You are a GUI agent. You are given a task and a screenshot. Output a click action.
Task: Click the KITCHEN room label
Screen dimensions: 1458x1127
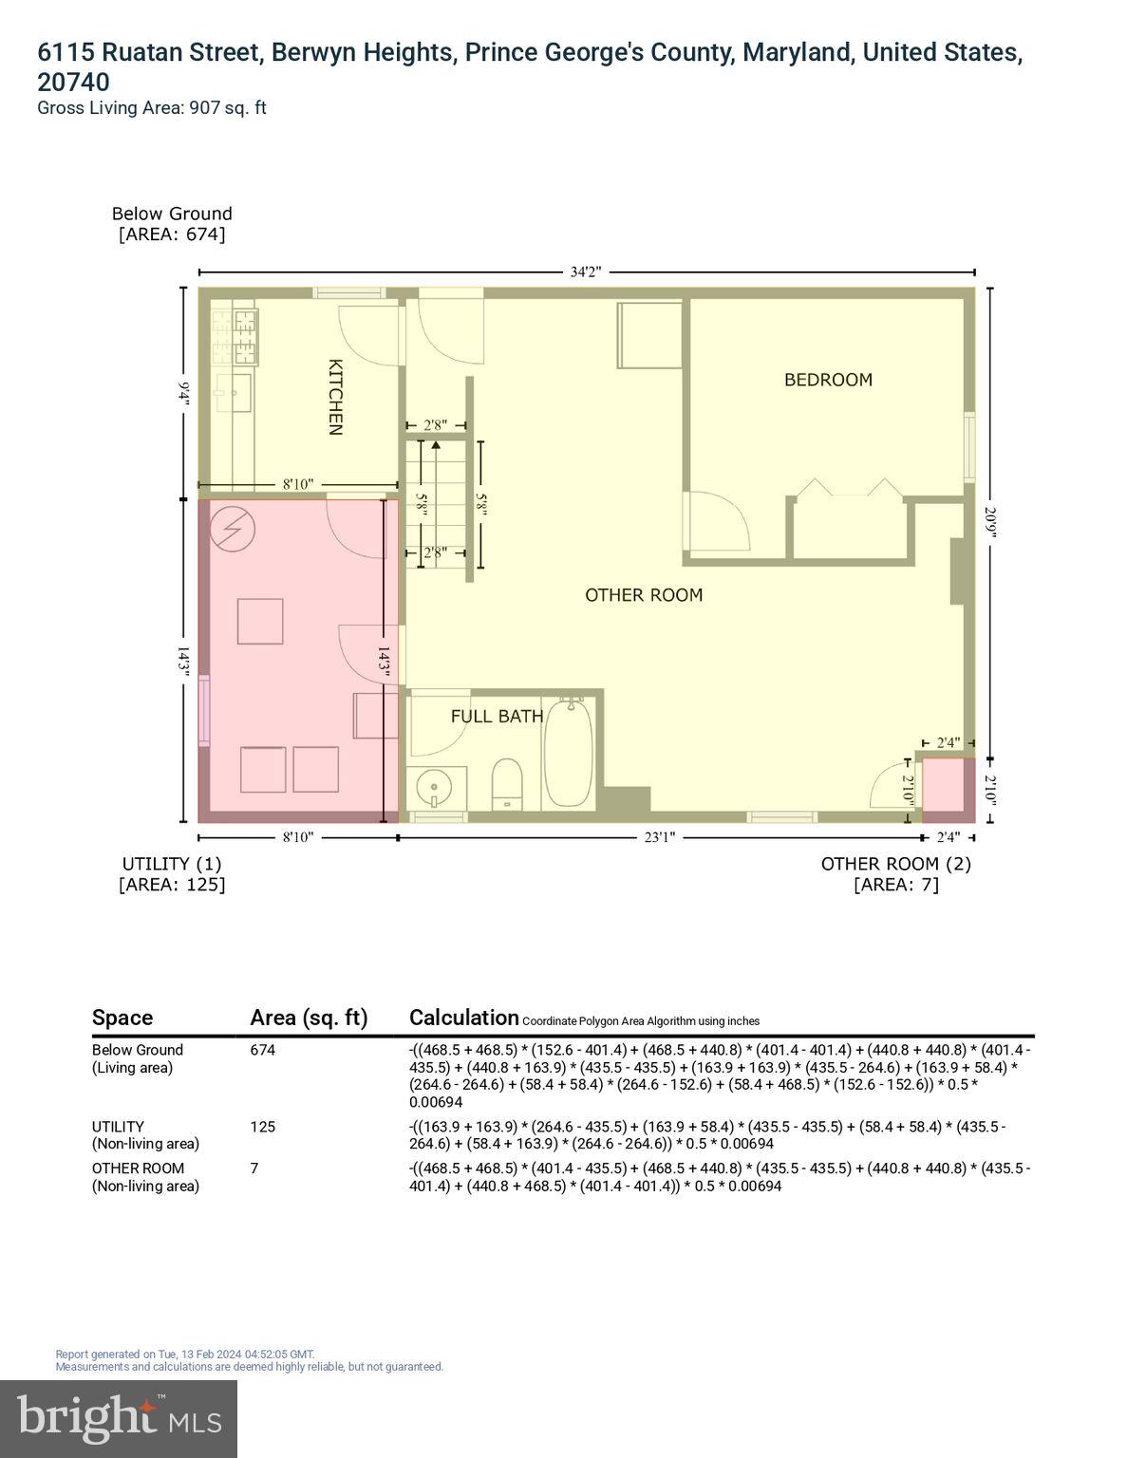tap(334, 396)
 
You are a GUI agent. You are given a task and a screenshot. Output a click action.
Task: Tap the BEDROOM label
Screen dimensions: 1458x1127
tap(828, 380)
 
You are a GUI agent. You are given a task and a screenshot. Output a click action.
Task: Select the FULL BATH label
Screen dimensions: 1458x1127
tap(497, 717)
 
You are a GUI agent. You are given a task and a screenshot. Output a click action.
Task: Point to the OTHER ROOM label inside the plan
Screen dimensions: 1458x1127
tap(644, 595)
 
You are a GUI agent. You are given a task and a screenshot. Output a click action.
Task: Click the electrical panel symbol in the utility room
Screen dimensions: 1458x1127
tap(233, 529)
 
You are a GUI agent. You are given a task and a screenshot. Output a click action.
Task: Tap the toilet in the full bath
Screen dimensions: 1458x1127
tap(508, 784)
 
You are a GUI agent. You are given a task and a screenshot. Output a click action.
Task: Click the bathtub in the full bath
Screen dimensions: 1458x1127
tap(569, 755)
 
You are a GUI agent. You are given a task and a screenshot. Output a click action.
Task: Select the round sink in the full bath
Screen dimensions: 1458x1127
tap(436, 787)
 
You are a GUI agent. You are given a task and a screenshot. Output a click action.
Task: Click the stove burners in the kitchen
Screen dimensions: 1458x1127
tap(235, 338)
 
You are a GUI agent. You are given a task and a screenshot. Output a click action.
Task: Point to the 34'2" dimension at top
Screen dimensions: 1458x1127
tap(585, 272)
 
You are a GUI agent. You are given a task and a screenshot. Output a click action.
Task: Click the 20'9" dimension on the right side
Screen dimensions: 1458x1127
tap(991, 524)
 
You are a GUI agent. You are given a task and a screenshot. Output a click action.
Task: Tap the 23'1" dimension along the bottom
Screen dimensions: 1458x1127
tap(660, 837)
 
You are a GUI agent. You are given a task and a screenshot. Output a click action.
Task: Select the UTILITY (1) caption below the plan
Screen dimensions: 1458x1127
tap(172, 864)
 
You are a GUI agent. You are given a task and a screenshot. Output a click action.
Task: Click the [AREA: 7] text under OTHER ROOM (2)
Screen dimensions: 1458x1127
tap(895, 885)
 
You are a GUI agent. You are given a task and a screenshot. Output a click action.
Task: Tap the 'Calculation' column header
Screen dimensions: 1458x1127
tap(464, 1018)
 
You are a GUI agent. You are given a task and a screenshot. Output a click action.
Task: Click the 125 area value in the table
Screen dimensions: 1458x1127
tap(263, 1127)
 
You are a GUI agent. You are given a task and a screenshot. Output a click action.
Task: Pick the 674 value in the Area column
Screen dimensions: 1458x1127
tap(263, 1050)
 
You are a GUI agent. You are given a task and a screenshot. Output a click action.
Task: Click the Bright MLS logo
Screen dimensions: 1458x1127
tap(119, 1418)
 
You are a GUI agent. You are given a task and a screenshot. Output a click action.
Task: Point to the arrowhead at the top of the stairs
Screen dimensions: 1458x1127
tap(436, 443)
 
